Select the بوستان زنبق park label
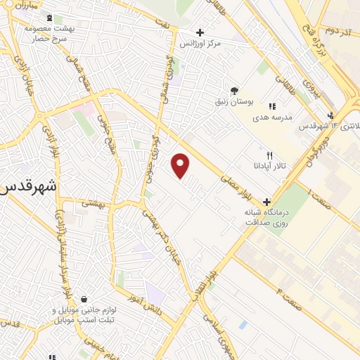point(234,103)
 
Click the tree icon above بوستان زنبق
point(234,90)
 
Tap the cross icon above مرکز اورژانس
point(201,32)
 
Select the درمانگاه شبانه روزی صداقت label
point(266,217)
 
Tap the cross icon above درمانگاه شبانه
point(266,202)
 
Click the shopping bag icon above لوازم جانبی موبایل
point(84,299)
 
